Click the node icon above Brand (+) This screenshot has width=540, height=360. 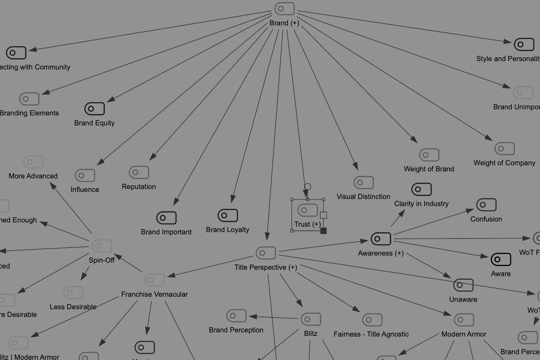(284, 9)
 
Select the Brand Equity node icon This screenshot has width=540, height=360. (94, 109)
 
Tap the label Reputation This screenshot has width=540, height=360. (139, 187)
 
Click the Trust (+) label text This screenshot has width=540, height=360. (307, 224)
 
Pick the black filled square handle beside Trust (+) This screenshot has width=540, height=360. (323, 231)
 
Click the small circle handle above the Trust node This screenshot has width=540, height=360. (308, 186)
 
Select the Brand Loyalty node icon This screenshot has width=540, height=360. (228, 215)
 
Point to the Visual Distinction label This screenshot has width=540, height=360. (363, 197)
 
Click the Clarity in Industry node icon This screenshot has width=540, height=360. (421, 189)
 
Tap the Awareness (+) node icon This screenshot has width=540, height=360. (381, 239)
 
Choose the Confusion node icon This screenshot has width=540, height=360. (486, 205)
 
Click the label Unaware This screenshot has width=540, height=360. (463, 300)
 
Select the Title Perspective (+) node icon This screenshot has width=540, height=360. (266, 253)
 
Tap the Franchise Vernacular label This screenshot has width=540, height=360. (154, 294)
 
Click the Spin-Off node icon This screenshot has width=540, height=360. (102, 246)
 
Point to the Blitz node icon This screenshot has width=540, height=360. (311, 319)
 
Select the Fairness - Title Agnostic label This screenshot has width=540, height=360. (371, 334)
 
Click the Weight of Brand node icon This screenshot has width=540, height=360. (429, 155)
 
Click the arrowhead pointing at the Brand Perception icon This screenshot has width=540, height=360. (253, 317)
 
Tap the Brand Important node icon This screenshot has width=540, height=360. (166, 218)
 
